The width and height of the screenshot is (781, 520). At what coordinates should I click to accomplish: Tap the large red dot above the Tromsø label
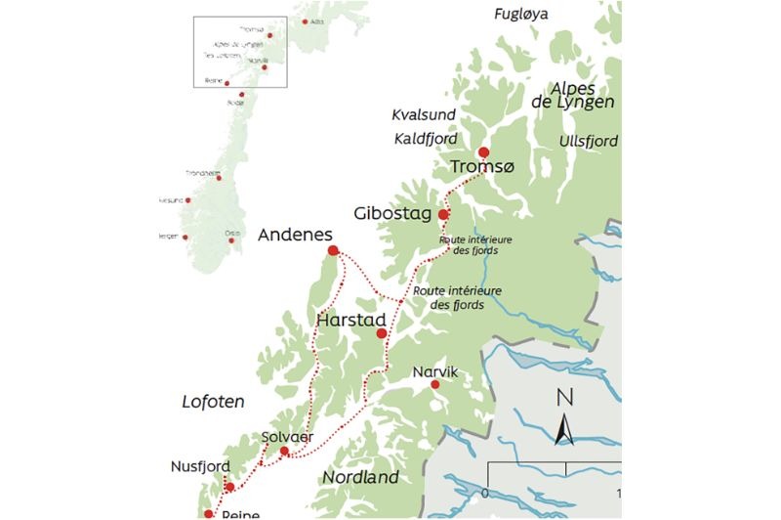pyautogui.click(x=483, y=152)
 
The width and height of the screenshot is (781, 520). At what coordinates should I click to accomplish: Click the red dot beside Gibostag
pyautogui.click(x=443, y=214)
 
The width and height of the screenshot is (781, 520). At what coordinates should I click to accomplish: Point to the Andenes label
pyautogui.click(x=295, y=236)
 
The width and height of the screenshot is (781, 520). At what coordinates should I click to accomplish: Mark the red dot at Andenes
pyautogui.click(x=333, y=251)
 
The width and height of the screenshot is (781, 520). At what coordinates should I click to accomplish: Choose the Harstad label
pyautogui.click(x=352, y=319)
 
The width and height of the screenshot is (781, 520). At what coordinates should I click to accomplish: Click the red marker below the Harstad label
pyautogui.click(x=382, y=334)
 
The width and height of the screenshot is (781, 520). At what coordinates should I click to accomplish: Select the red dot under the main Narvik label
pyautogui.click(x=435, y=385)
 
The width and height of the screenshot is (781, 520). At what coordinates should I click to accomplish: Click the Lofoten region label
pyautogui.click(x=213, y=402)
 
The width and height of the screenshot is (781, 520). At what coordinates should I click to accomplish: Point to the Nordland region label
pyautogui.click(x=361, y=477)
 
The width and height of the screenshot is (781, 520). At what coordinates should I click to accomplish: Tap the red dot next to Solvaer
pyautogui.click(x=284, y=452)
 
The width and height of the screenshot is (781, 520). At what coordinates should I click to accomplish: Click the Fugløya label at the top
pyautogui.click(x=521, y=14)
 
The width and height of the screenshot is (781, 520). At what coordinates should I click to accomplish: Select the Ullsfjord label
pyautogui.click(x=589, y=142)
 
